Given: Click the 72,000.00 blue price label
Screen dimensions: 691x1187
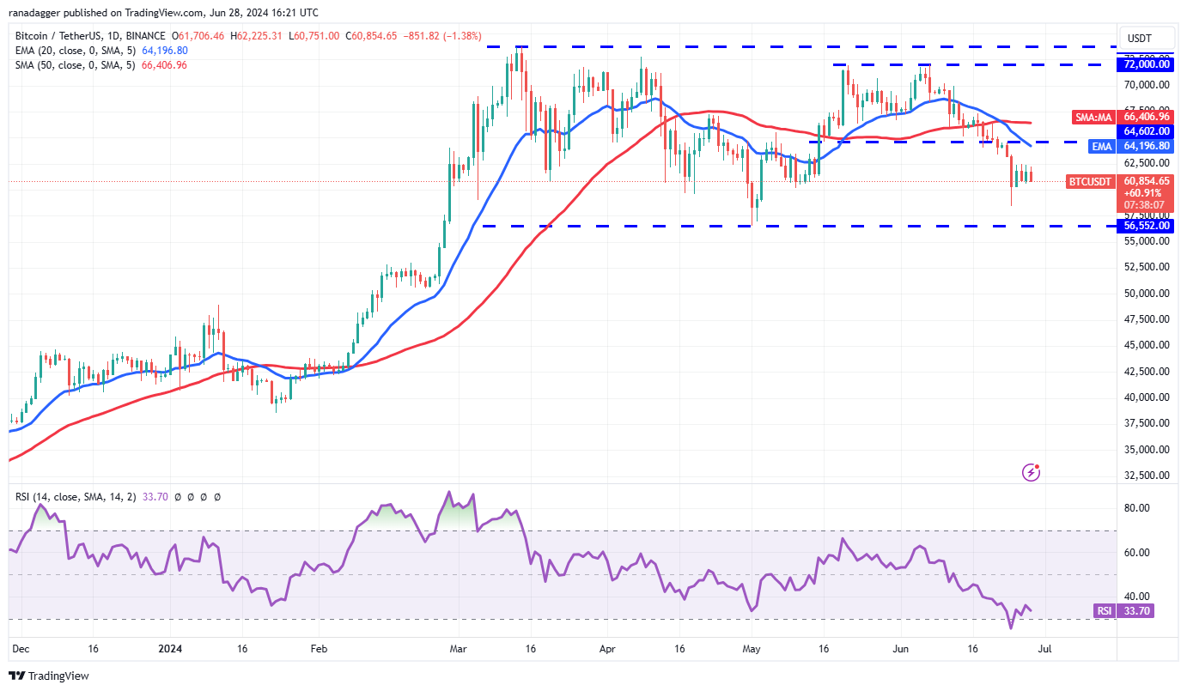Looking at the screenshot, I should (1143, 64).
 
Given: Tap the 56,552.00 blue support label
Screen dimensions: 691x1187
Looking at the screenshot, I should (1143, 226).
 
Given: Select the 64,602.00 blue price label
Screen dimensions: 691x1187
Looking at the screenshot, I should (1143, 131).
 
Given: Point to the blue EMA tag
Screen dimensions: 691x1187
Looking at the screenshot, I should (1101, 147).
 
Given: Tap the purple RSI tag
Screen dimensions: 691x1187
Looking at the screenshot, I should (1104, 611).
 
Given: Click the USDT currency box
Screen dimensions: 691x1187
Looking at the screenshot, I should (1140, 39).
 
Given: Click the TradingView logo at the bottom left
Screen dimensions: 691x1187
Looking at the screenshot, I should (50, 676).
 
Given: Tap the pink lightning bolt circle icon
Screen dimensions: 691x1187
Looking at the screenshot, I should (1032, 472).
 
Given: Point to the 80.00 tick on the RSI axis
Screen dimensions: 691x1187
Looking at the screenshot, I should (1136, 508).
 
